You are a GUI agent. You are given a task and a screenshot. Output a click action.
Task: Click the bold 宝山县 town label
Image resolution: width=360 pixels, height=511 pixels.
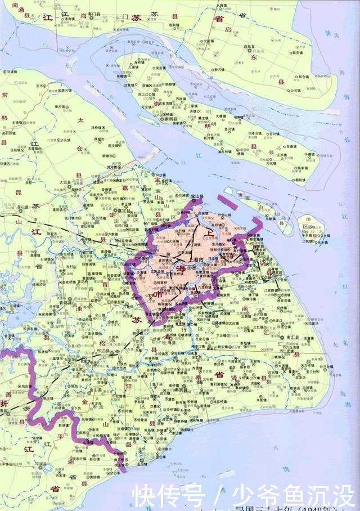tap(196, 196)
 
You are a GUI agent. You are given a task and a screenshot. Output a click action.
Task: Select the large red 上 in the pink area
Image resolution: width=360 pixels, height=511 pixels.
tap(210, 232)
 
